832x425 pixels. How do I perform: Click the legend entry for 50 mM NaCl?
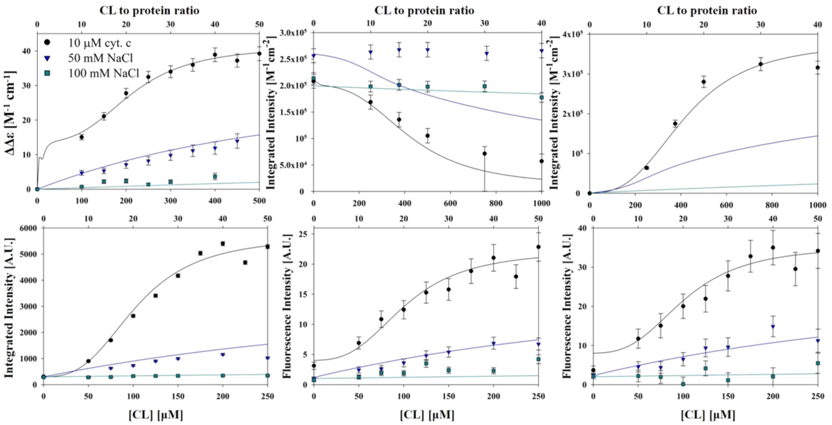click(x=100, y=58)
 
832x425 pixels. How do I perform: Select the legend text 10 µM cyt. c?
click(x=99, y=43)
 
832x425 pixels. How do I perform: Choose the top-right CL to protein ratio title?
click(x=707, y=11)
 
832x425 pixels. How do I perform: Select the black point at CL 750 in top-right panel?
click(x=761, y=64)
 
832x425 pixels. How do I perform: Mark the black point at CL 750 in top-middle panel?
click(x=484, y=154)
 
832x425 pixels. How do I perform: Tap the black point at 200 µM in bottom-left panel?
click(x=223, y=244)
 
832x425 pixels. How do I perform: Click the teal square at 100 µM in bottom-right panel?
click(x=683, y=384)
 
